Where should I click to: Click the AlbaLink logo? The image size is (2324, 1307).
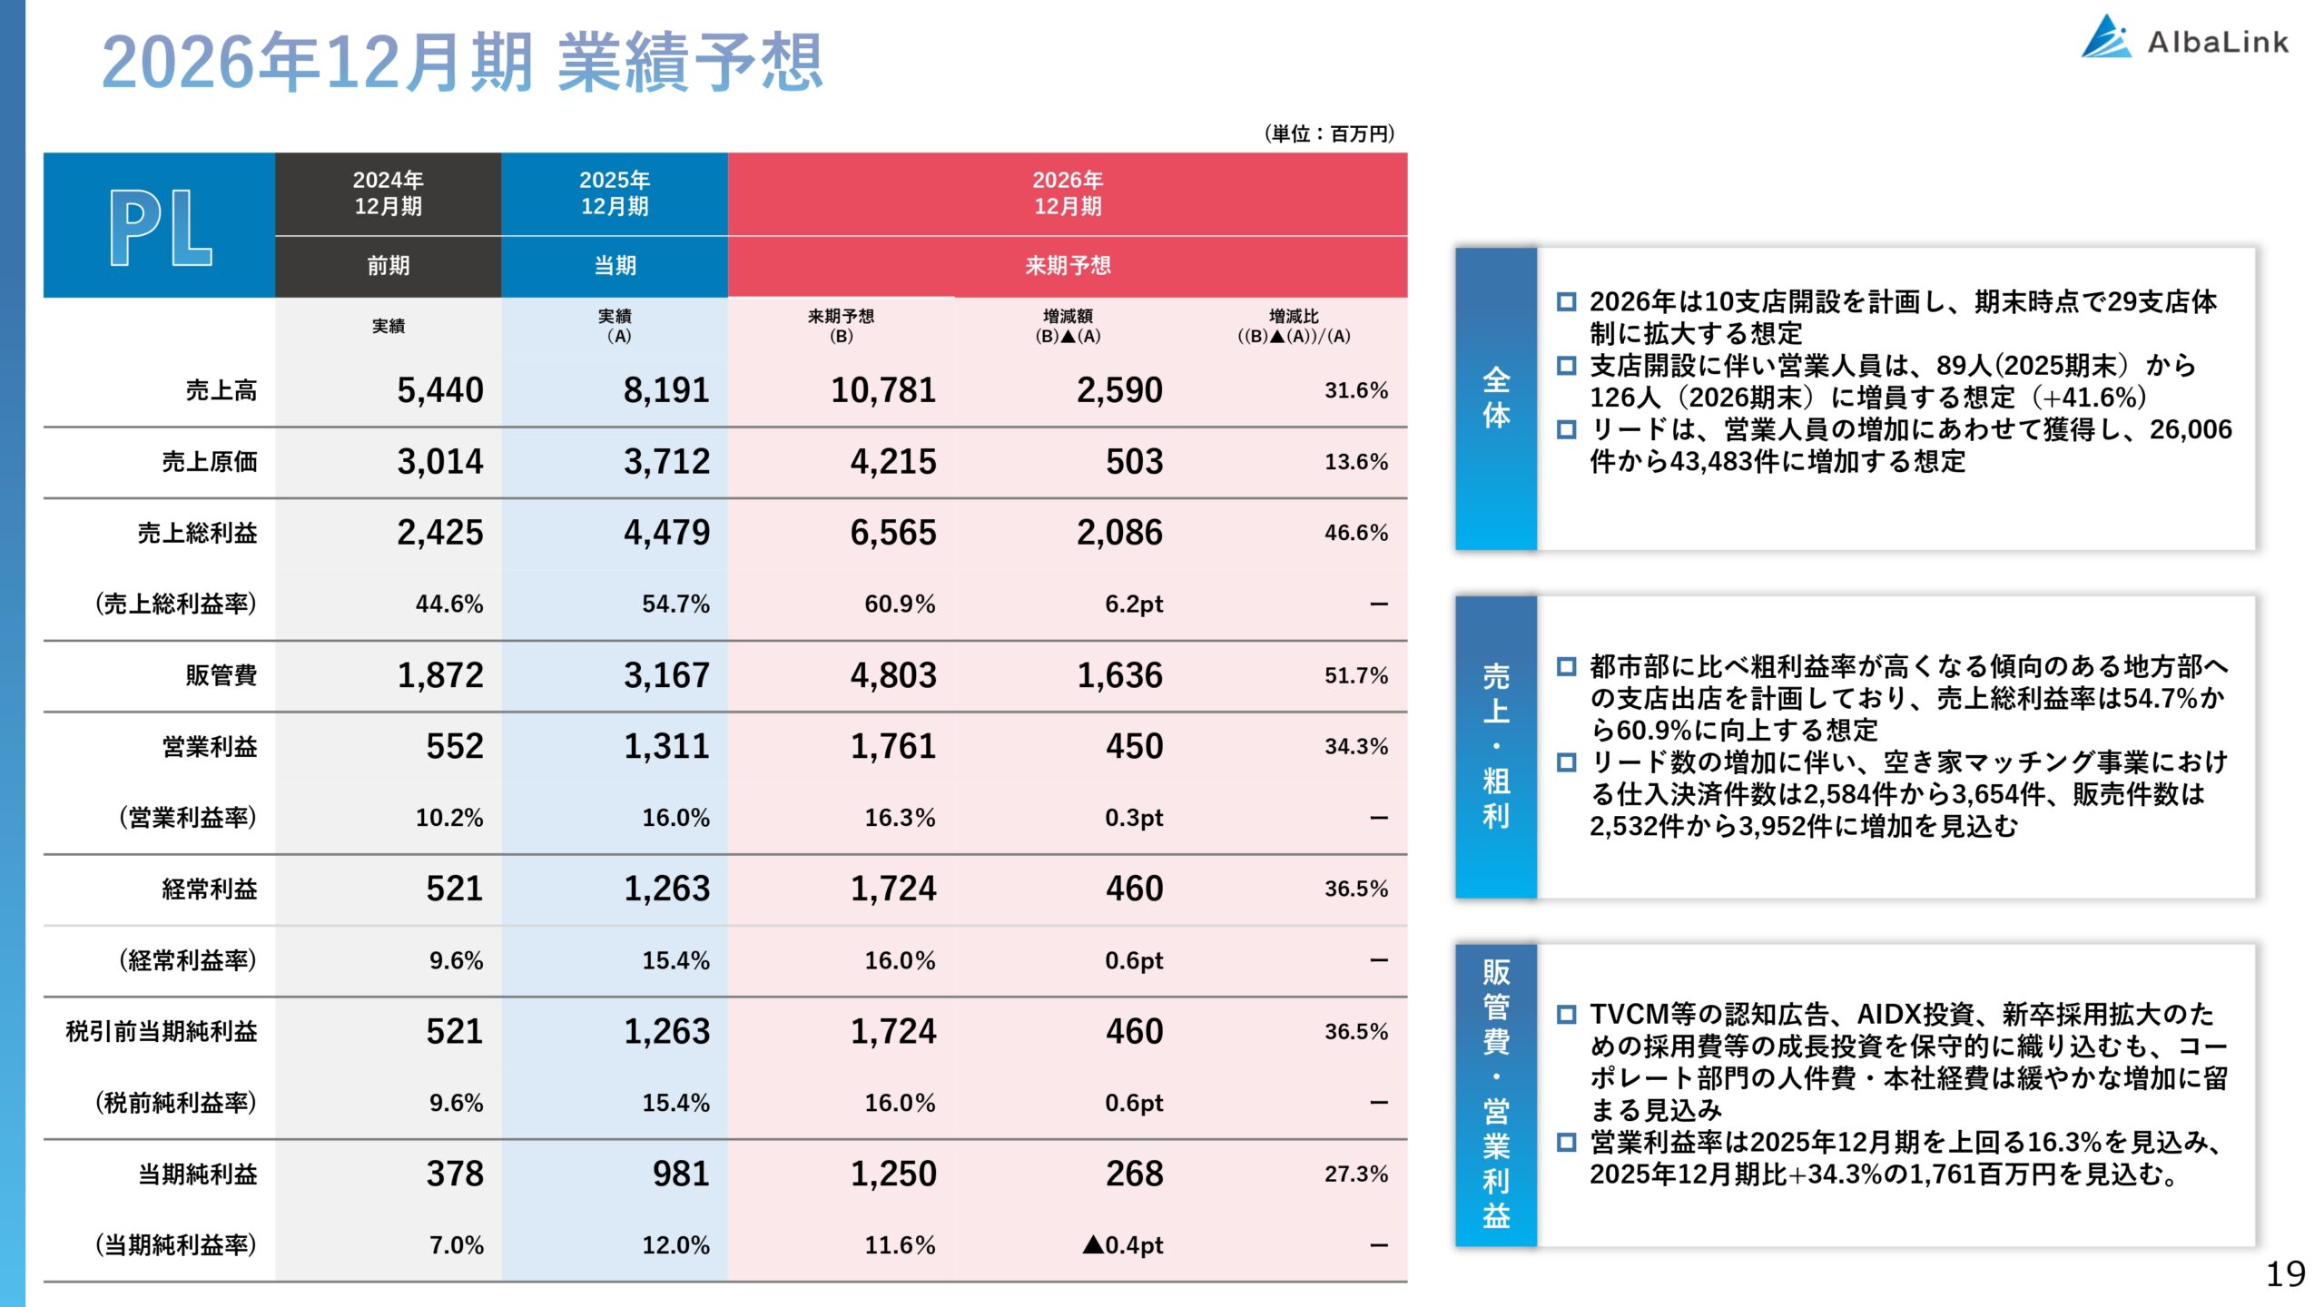coord(2184,40)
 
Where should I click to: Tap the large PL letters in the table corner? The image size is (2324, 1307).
coord(161,228)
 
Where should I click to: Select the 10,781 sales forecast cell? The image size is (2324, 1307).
coord(882,390)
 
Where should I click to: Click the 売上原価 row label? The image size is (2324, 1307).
coord(209,462)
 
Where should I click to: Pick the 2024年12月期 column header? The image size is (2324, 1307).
coord(388,193)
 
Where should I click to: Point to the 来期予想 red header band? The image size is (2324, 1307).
coord(1067,266)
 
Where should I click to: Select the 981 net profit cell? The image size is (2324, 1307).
coord(680,1174)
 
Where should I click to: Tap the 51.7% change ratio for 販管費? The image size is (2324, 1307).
coord(1355,675)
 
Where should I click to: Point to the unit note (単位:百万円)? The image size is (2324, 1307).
coord(1329,134)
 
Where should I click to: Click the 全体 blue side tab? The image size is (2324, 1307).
coord(1495,398)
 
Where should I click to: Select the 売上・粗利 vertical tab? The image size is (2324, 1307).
coord(1495,746)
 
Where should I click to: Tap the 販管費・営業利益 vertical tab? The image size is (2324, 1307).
coord(1495,1094)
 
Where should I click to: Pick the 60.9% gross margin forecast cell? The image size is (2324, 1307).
coord(899,604)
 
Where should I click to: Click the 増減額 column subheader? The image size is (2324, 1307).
coord(1068,325)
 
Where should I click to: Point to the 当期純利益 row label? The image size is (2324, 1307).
coord(197,1174)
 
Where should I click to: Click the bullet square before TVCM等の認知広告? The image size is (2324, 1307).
coord(1566,1015)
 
